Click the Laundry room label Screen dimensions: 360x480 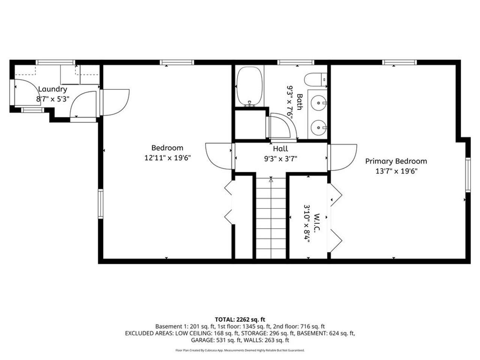[x=52, y=89]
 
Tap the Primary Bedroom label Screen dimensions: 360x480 [x=396, y=161]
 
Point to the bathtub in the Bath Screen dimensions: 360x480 [x=249, y=86]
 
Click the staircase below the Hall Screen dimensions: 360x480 [x=271, y=217]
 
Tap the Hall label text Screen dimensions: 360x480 [x=280, y=149]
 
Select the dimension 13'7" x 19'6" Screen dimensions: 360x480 [x=396, y=171]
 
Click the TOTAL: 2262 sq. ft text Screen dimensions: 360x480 [x=240, y=319]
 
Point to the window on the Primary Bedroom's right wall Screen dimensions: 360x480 [x=468, y=175]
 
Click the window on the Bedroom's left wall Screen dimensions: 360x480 [x=100, y=204]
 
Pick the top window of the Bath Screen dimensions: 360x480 [x=291, y=62]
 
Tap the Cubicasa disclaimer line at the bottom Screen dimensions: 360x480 [x=240, y=350]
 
